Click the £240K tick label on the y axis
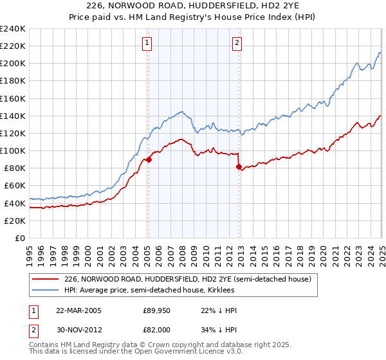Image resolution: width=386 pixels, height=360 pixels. pos(13,29)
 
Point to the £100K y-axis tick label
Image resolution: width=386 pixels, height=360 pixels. pos(13,150)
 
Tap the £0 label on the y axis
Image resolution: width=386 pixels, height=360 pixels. pos(19,238)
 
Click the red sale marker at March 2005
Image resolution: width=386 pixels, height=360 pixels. pos(149,160)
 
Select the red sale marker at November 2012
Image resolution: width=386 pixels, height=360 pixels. pos(239,167)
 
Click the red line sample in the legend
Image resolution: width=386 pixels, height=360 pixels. pos(46,279)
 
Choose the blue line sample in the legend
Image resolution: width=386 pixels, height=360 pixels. pos(46,291)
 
